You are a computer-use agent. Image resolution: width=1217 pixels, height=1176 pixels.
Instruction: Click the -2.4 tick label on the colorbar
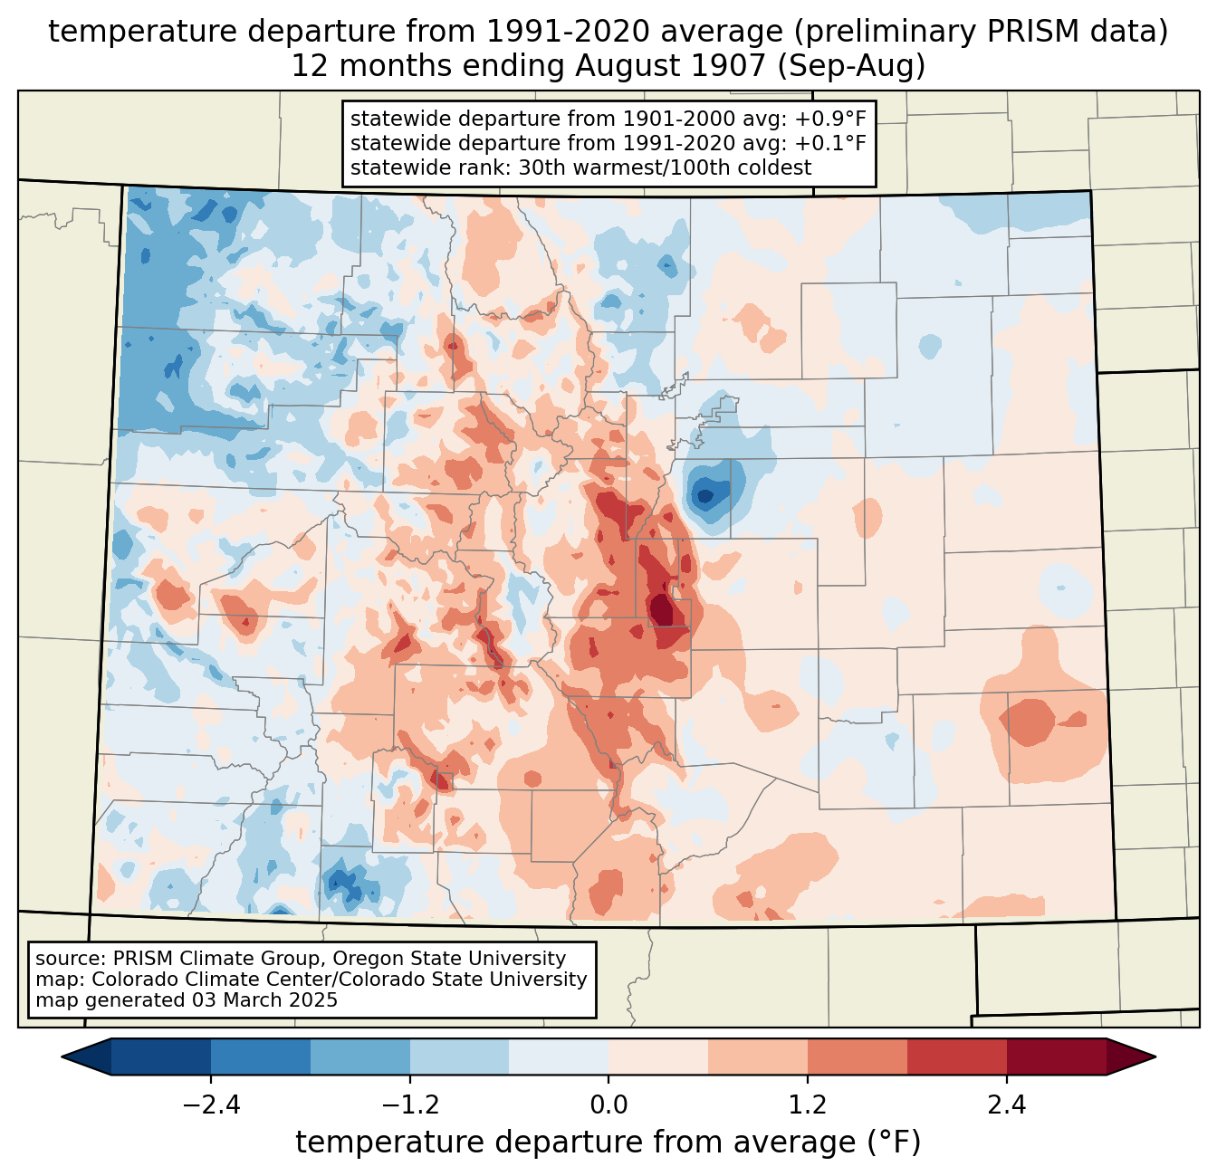click(210, 1105)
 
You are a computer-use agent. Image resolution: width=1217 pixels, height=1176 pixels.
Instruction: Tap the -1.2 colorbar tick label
click(409, 1105)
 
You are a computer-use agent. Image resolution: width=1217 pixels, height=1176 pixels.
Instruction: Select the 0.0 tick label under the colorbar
click(608, 1105)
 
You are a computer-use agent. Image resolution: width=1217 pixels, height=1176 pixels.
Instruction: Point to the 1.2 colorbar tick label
click(808, 1105)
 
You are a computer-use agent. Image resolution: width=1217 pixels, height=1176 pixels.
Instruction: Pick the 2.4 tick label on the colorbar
click(1006, 1105)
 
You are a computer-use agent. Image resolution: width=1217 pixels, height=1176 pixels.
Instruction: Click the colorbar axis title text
click(608, 1143)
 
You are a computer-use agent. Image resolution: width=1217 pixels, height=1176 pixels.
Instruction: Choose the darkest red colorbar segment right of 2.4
click(1056, 1056)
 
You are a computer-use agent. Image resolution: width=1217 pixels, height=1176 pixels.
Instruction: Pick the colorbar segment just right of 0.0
click(658, 1056)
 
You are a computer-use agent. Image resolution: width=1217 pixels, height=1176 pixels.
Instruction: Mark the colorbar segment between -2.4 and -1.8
click(261, 1056)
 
